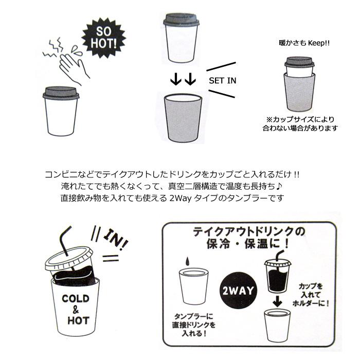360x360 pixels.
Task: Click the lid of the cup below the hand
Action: tap(60, 93)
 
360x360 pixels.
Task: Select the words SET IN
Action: tap(222, 81)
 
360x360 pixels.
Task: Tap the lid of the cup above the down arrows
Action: tap(181, 21)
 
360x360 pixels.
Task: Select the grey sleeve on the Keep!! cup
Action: tap(300, 87)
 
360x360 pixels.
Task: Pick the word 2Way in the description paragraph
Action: tap(181, 198)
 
